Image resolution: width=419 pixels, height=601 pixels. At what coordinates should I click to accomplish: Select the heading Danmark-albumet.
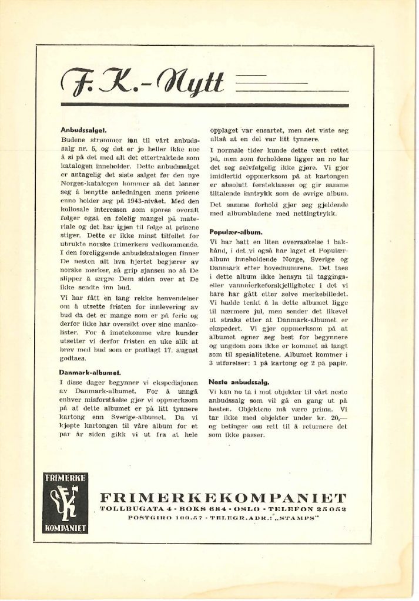tap(90, 372)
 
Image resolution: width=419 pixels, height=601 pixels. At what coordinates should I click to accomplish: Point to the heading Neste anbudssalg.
tap(239, 381)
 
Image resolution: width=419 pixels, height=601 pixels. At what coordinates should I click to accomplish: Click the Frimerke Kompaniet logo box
tap(65, 501)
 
